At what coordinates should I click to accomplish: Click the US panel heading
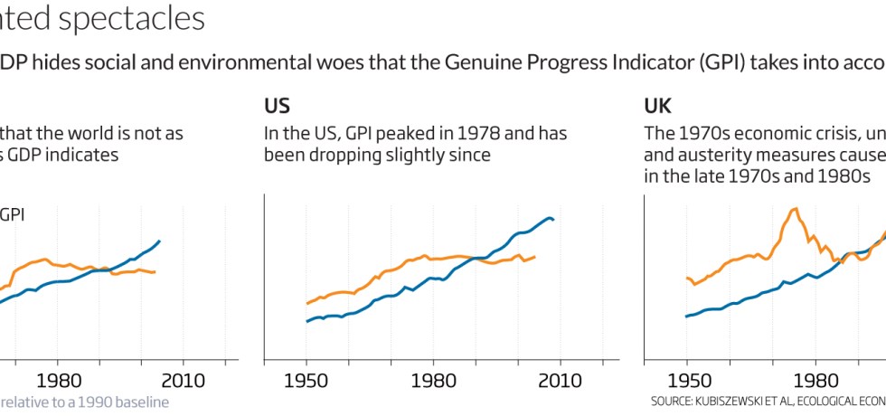(x=277, y=106)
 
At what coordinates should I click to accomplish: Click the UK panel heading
(x=657, y=106)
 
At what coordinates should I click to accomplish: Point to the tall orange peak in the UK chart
(x=796, y=210)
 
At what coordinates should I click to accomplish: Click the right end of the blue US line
(x=553, y=220)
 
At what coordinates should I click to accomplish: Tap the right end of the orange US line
(x=535, y=257)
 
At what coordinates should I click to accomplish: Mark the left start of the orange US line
(x=307, y=304)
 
